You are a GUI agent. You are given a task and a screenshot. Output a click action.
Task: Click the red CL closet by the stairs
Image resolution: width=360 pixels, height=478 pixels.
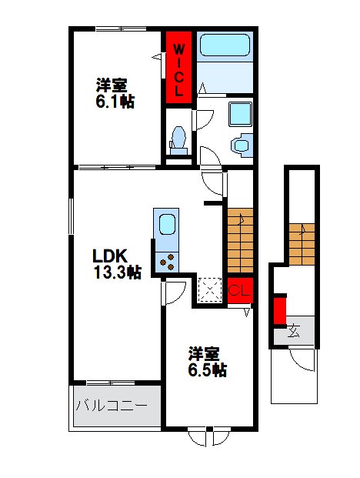pyautogui.click(x=238, y=290)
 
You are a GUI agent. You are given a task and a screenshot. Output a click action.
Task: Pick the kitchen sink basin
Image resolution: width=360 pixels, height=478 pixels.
pyautogui.click(x=166, y=226)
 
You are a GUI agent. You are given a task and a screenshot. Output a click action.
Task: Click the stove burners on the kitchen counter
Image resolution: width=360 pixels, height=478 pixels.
pyautogui.click(x=165, y=261)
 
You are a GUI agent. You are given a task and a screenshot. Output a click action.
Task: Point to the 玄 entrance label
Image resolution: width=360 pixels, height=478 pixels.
pyautogui.click(x=294, y=333)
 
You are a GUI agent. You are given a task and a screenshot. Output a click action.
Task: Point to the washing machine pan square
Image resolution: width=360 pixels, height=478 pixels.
pyautogui.click(x=244, y=114)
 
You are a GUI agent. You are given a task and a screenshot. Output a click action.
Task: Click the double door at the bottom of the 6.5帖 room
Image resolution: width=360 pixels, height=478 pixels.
pyautogui.click(x=208, y=436)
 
